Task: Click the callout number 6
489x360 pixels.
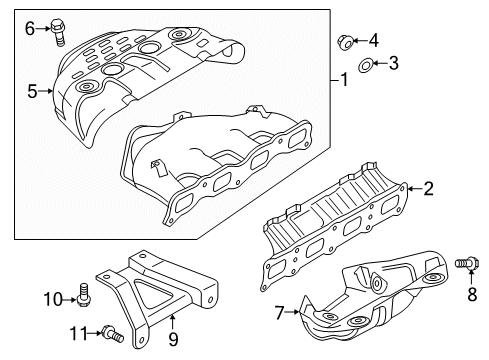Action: pyautogui.click(x=30, y=29)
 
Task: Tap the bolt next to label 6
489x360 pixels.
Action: pyautogui.click(x=58, y=32)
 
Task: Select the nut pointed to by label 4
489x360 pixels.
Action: pyautogui.click(x=345, y=42)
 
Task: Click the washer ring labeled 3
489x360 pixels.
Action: pyautogui.click(x=366, y=65)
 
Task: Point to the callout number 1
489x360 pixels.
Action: pyautogui.click(x=344, y=80)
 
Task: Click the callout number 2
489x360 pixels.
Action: pyautogui.click(x=428, y=188)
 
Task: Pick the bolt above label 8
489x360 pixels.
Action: pyautogui.click(x=467, y=263)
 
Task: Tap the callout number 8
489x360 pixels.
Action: pyautogui.click(x=472, y=294)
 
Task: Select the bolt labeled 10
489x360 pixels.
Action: pyautogui.click(x=83, y=294)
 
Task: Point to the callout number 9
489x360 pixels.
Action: pyautogui.click(x=173, y=339)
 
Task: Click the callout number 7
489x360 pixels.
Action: pyautogui.click(x=279, y=313)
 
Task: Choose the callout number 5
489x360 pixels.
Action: pyautogui.click(x=32, y=91)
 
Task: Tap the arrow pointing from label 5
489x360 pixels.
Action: pyautogui.click(x=45, y=91)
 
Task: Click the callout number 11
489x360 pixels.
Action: pyautogui.click(x=79, y=333)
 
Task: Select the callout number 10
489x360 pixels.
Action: pyautogui.click(x=53, y=299)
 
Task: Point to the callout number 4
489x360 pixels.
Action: pyautogui.click(x=374, y=41)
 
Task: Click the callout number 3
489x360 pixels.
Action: pyautogui.click(x=394, y=63)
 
